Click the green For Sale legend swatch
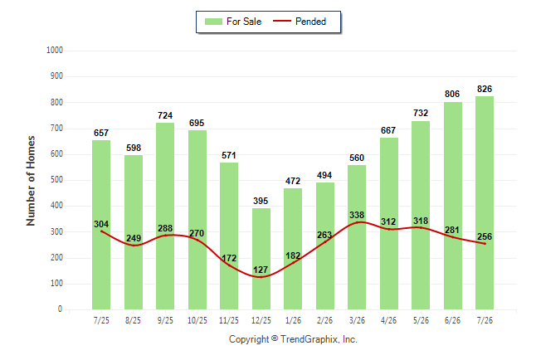(213, 22)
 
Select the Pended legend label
(310, 22)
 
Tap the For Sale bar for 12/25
(261, 259)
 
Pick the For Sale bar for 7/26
(485, 202)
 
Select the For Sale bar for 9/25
(165, 216)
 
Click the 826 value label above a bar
(485, 89)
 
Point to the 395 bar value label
(261, 201)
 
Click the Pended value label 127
(261, 270)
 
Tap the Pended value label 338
(357, 215)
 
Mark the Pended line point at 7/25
(101, 231)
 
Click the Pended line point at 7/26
(485, 243)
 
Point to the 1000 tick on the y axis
(55, 51)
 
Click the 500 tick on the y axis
(56, 180)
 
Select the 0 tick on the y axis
(61, 309)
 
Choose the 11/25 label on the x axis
(229, 320)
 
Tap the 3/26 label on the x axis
(357, 320)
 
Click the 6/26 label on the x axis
(452, 320)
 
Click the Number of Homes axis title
(31, 181)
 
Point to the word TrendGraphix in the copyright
(309, 339)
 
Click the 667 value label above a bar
(388, 130)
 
